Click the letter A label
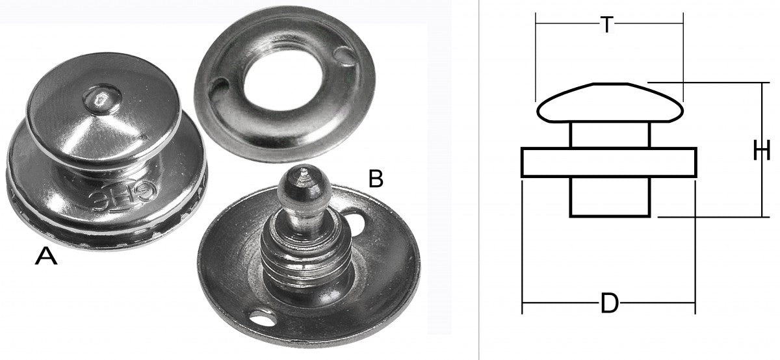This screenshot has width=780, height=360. point(46,256)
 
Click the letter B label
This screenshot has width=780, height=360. point(376,179)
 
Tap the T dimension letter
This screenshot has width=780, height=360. point(607,25)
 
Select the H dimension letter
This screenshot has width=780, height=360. point(762,150)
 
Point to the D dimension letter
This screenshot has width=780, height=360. point(610,303)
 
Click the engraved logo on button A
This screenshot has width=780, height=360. point(123,196)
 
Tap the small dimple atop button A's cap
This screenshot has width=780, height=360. point(101,99)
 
